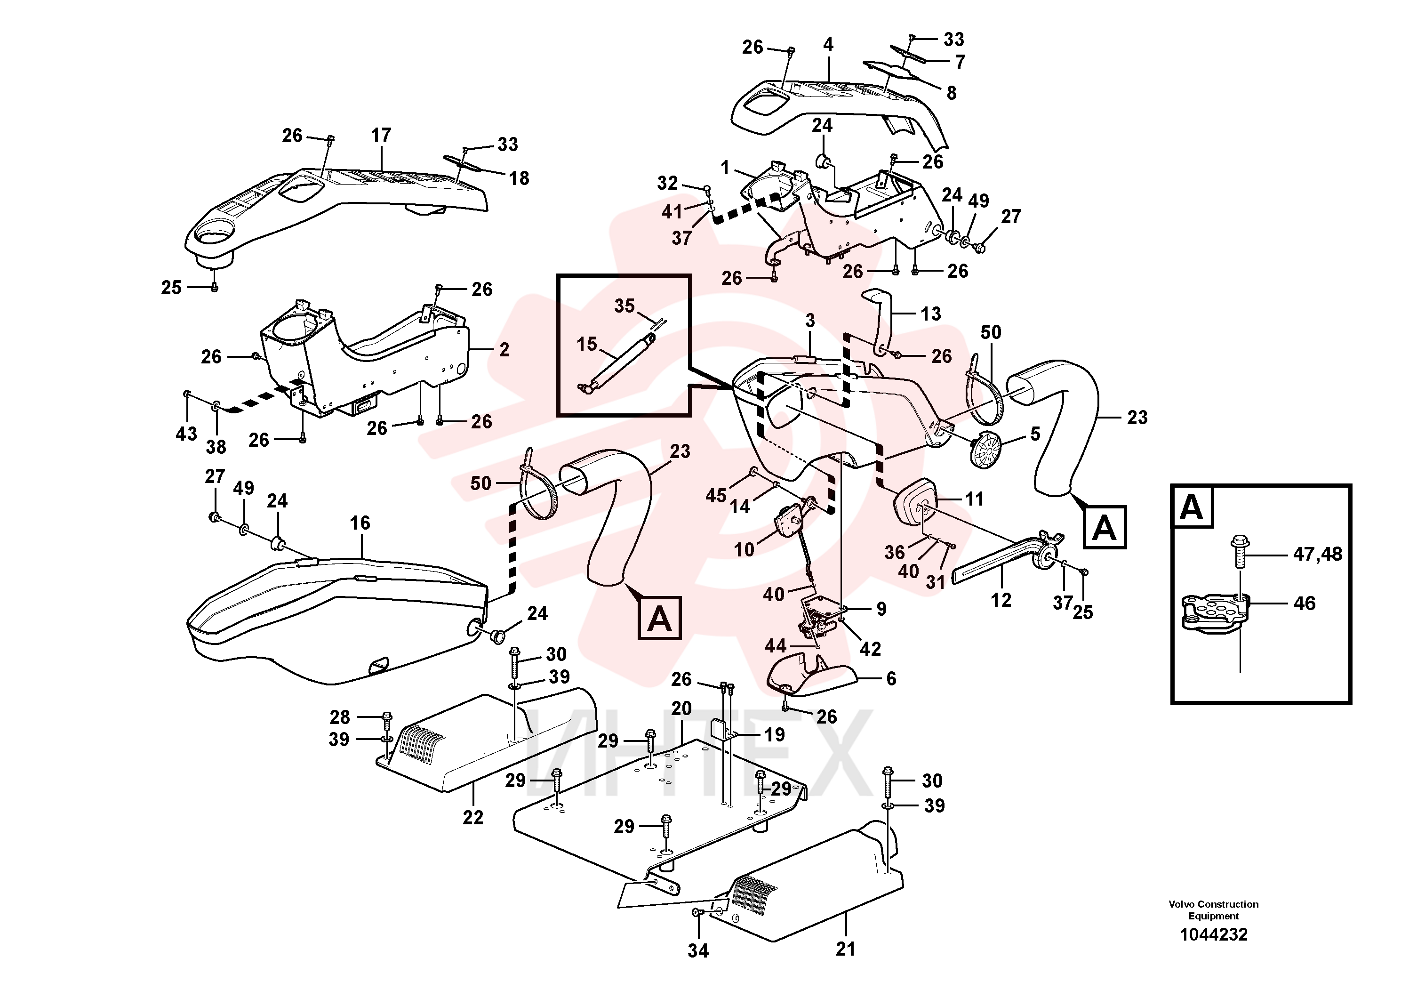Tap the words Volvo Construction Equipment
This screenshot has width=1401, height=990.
tap(1213, 910)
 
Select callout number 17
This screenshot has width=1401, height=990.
tap(381, 135)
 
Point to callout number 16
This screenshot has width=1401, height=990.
tap(360, 523)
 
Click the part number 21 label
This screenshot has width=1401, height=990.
tap(845, 949)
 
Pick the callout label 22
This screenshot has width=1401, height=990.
tap(473, 817)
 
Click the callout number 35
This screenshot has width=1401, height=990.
tap(624, 306)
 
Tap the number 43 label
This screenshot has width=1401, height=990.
tap(186, 434)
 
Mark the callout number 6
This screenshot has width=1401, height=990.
tap(891, 679)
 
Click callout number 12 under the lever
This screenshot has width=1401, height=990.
tap(1001, 600)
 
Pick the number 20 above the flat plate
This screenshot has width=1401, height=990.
tap(681, 708)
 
